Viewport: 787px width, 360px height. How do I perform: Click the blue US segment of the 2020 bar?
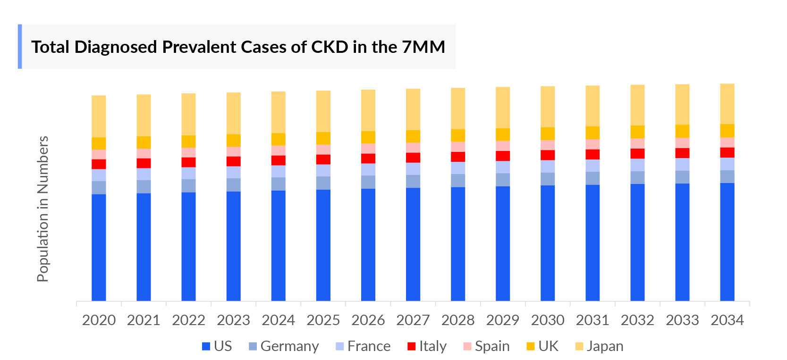tap(99, 247)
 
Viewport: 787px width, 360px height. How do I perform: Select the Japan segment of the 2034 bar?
tap(727, 104)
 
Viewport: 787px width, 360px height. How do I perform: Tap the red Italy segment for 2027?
tap(413, 158)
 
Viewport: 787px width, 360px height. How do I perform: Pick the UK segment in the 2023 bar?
tap(233, 141)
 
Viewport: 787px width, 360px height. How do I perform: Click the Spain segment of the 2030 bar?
tap(548, 145)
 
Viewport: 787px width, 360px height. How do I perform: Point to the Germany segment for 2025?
tap(323, 183)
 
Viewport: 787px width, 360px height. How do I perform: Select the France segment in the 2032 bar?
tap(637, 165)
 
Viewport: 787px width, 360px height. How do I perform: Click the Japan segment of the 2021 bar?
tap(144, 116)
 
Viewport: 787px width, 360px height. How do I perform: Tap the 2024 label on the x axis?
tap(278, 320)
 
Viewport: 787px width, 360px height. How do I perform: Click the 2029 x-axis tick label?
tap(502, 320)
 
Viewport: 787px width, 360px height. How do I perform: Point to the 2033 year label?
tap(682, 320)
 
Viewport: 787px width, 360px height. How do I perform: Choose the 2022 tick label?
tap(188, 320)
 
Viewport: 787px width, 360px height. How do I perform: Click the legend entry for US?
tap(217, 346)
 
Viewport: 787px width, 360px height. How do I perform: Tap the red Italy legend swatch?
tap(411, 346)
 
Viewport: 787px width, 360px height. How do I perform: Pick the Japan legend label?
tap(605, 346)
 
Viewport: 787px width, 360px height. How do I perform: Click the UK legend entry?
tap(543, 346)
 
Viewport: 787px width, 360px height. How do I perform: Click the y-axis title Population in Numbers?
tap(43, 209)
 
